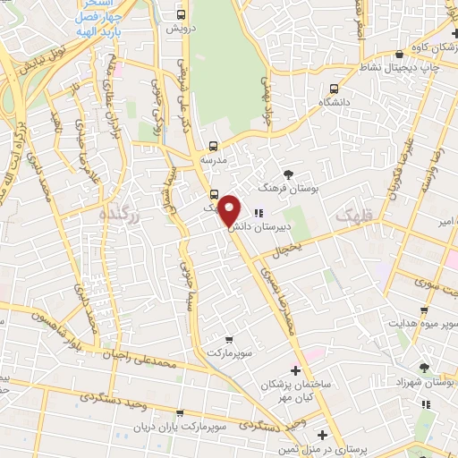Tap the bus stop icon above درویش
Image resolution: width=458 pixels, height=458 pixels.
tap(182, 15)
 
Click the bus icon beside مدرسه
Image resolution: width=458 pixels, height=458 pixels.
tap(213, 146)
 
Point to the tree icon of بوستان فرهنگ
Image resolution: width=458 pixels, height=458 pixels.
tap(287, 174)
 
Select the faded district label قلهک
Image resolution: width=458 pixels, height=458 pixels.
tap(352, 215)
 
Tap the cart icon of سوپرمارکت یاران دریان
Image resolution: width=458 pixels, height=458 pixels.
tap(180, 413)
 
